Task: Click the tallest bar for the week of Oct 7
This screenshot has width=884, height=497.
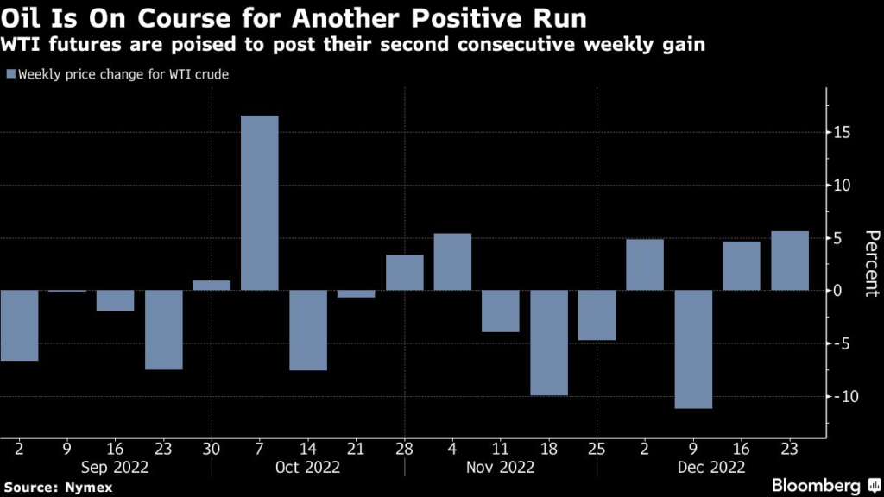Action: coord(260,203)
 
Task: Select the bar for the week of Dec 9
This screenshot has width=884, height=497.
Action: coord(693,349)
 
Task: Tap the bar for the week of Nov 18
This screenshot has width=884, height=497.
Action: coord(549,343)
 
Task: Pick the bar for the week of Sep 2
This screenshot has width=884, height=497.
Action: coord(19,325)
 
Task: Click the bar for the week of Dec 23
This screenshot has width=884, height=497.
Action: coord(790,261)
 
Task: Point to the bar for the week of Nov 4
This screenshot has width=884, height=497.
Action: coord(452,261)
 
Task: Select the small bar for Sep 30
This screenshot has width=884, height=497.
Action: coord(212,285)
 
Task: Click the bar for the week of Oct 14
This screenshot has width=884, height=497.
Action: coord(308,330)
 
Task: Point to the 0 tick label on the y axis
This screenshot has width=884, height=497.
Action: coord(837,291)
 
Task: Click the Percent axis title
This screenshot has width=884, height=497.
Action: coord(870,263)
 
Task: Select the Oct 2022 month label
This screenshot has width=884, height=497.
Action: coord(307,467)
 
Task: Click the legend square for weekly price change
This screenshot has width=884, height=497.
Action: coord(9,74)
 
